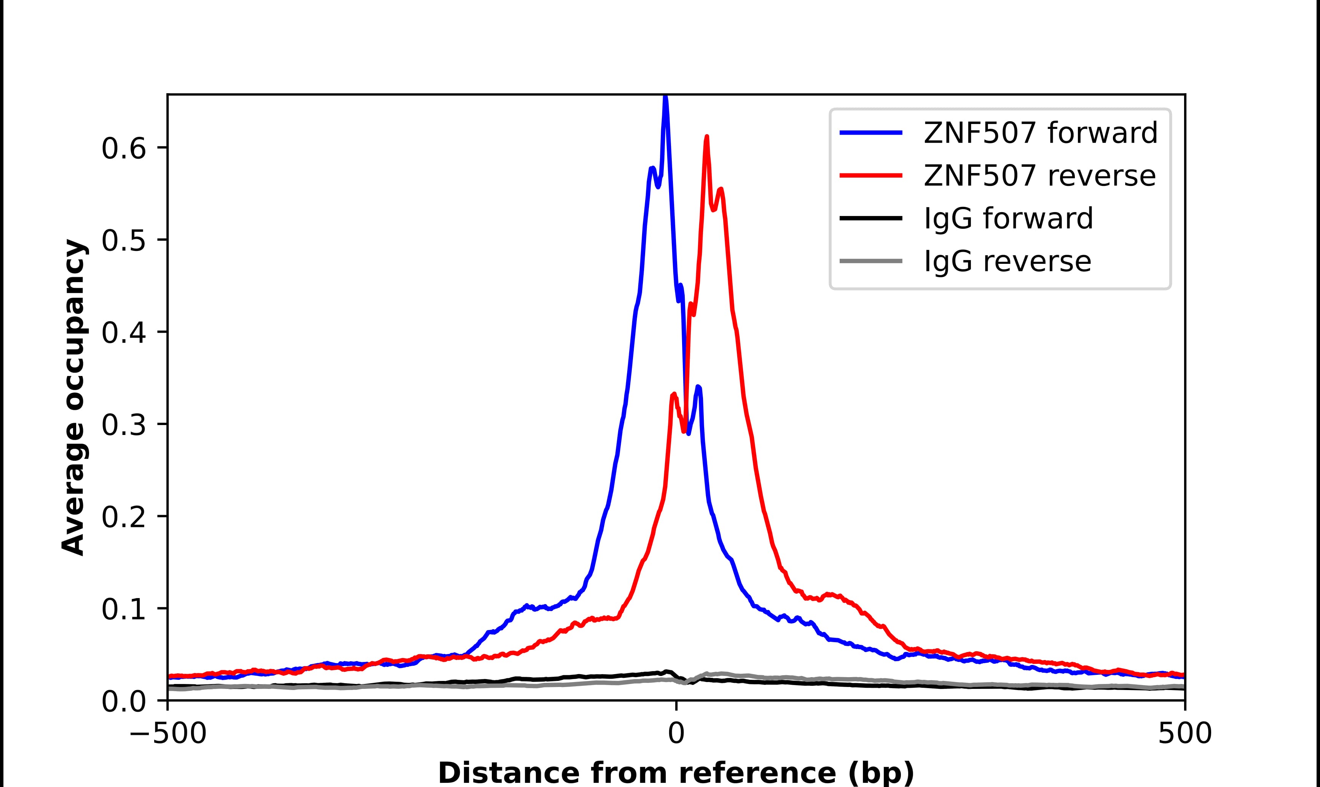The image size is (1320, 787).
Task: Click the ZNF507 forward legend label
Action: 1040,133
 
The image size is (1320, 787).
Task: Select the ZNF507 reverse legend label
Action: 1039,176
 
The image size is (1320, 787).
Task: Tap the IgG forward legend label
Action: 1008,219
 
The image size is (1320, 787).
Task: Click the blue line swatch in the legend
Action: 870,133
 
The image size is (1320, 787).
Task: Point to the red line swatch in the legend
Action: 870,176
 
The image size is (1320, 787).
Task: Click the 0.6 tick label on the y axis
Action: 123,149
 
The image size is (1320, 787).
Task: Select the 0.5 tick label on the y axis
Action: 123,241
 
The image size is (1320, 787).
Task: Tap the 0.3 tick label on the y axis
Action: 123,425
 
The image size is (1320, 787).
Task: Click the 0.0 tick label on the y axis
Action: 123,701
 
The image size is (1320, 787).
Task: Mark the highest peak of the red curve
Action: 706,137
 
